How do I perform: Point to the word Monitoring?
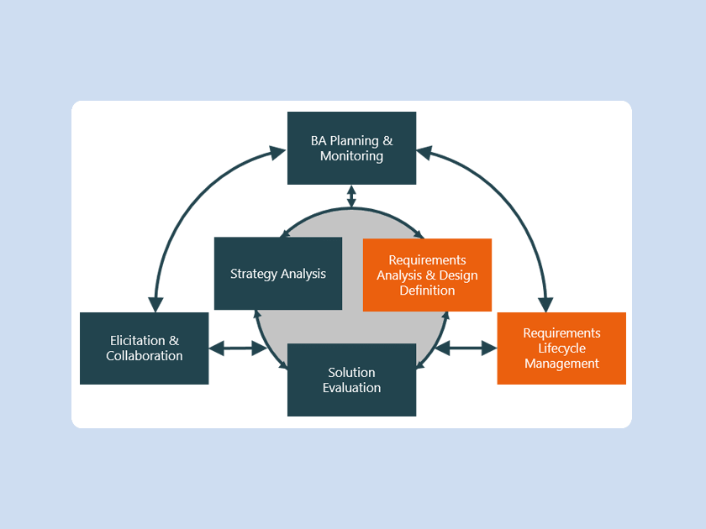click(351, 156)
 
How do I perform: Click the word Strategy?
click(253, 274)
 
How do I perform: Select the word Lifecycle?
click(561, 348)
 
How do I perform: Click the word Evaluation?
click(351, 388)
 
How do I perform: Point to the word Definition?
click(427, 291)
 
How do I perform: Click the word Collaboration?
click(144, 356)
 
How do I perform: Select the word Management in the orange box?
click(561, 364)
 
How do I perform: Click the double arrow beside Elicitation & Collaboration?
click(237, 348)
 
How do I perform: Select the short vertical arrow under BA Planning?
click(351, 196)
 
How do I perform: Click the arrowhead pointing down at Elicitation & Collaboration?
click(155, 303)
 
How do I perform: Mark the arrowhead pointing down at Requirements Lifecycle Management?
click(545, 303)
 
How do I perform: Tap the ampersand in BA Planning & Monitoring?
click(387, 141)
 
